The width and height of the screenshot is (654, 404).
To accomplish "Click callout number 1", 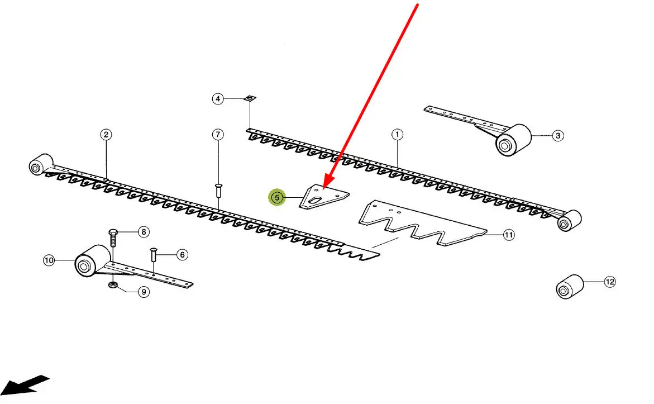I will click(x=397, y=134).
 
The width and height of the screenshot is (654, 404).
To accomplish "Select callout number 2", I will click(x=106, y=134).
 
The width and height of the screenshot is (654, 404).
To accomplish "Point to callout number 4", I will click(x=218, y=99).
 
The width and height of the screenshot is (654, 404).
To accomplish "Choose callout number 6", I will click(x=182, y=255).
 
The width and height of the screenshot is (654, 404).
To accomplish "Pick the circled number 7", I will click(x=218, y=134).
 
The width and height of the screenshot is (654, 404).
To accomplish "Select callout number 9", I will click(x=144, y=291).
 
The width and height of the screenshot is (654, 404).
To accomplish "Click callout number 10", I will click(x=49, y=260).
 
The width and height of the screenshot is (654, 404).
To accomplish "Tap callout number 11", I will click(x=508, y=235).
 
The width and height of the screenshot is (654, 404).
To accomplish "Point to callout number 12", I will click(x=609, y=282).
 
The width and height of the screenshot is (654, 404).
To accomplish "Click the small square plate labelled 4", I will click(x=250, y=98).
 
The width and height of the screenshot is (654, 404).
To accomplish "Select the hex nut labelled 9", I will click(x=112, y=286).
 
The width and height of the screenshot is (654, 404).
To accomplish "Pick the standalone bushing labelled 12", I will click(x=569, y=287).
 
